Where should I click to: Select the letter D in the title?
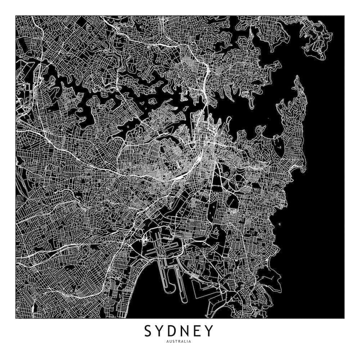click(x=174, y=330)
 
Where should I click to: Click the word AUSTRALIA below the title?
click(x=179, y=341)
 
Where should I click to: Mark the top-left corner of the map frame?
click(x=16, y=16)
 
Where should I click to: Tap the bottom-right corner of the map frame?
click(x=344, y=319)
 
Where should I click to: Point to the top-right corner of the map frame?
click(x=344, y=16)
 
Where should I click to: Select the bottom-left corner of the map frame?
click(x=16, y=319)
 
